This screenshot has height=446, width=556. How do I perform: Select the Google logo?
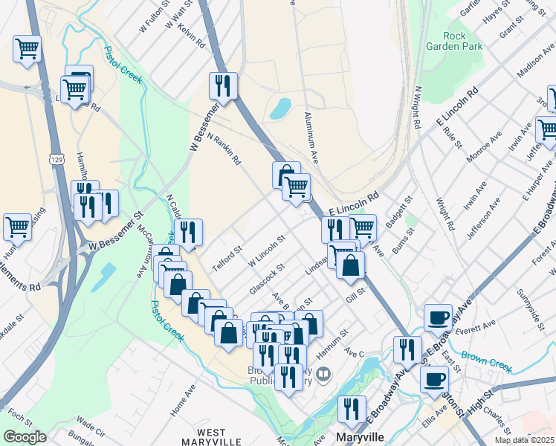point(25,437)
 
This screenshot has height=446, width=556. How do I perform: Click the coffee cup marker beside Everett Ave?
point(438,317)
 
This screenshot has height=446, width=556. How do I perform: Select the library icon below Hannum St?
point(323,374)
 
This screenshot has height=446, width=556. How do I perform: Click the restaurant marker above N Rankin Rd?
point(223,86)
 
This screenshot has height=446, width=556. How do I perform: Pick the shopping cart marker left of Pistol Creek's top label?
point(28,49)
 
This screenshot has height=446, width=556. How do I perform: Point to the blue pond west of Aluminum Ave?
point(280,109)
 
